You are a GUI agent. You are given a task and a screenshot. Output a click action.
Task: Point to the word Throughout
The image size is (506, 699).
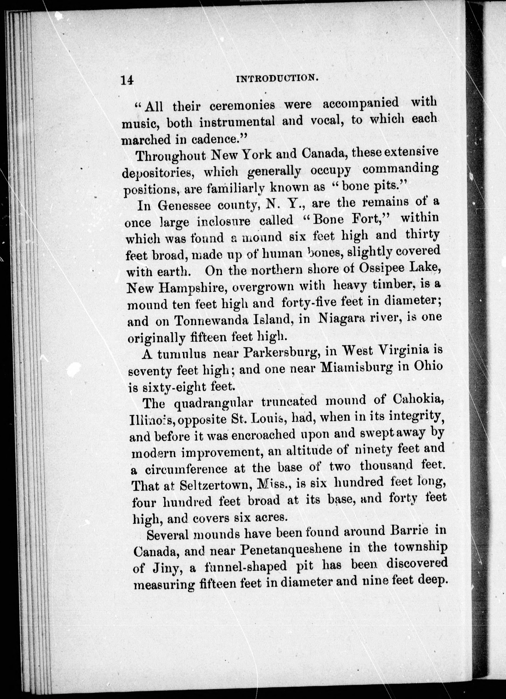(171, 156)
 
